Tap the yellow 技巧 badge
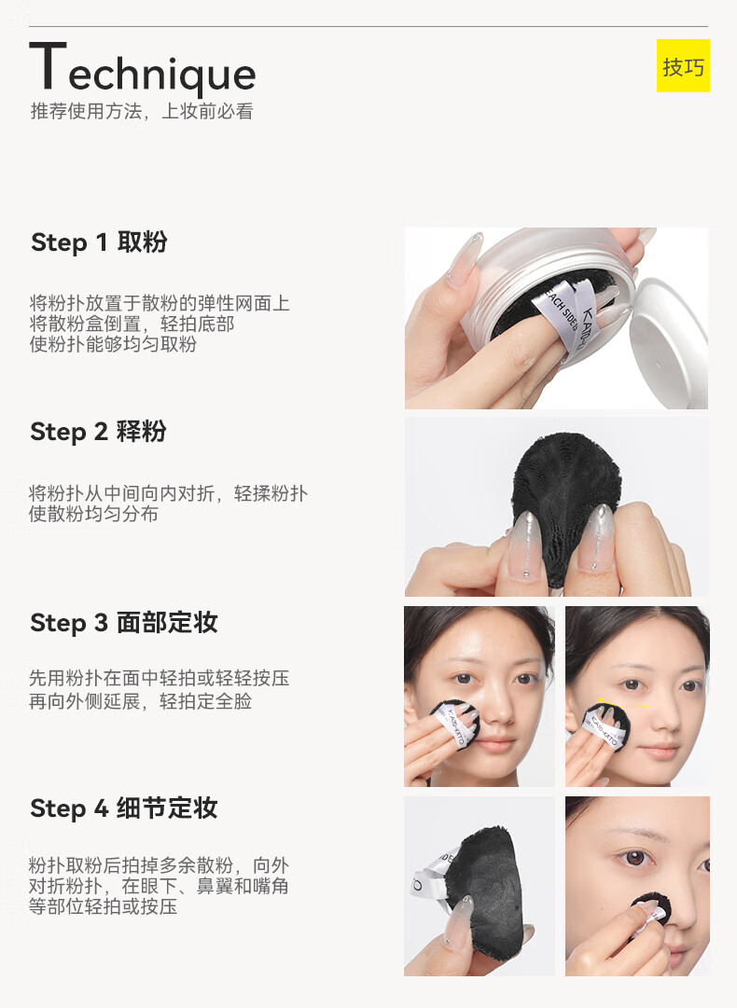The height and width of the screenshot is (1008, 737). (x=683, y=65)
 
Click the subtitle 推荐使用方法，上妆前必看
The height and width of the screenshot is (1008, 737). (x=142, y=111)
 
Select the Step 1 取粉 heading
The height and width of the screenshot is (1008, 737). (x=99, y=242)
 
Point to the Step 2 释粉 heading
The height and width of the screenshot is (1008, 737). (x=98, y=432)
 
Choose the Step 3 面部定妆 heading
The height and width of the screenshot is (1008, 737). (x=124, y=622)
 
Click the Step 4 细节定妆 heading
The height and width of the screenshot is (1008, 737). (x=124, y=808)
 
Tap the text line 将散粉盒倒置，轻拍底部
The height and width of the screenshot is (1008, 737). (x=132, y=324)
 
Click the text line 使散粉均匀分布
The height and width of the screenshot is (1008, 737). (x=93, y=514)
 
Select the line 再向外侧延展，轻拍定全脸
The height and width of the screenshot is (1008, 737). (x=140, y=700)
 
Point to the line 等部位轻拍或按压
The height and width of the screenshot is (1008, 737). (x=103, y=906)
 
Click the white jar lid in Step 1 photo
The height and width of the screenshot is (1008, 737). (x=669, y=340)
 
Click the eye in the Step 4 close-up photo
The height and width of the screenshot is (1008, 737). (x=636, y=858)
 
